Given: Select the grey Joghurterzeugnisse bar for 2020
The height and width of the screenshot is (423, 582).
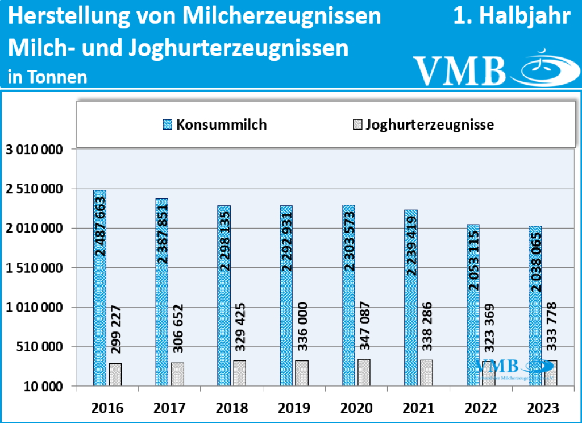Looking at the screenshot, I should (364, 372).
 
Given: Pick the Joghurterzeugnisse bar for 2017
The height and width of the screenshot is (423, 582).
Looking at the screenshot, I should (177, 374).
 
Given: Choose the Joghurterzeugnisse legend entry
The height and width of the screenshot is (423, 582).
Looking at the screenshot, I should (423, 125).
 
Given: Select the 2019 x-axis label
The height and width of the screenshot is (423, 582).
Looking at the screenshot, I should (294, 408).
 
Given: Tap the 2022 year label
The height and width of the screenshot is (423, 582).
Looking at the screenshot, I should (481, 408).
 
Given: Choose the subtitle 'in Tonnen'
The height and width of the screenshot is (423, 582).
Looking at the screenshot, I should (48, 77).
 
